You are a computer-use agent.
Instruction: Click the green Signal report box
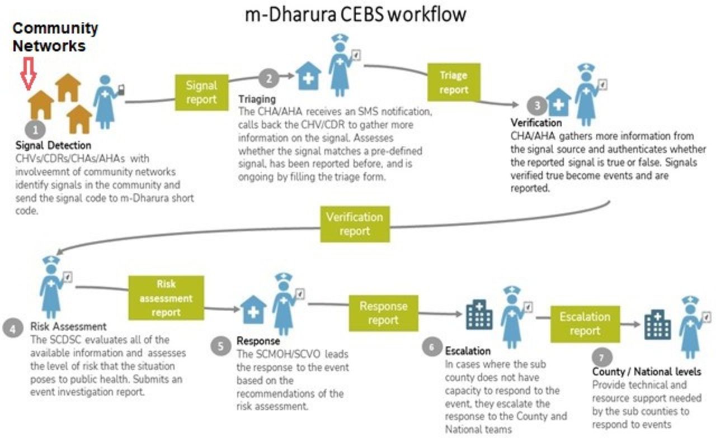tap(201, 92)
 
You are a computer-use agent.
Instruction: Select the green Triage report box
tap(453, 82)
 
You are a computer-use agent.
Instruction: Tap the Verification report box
tap(355, 223)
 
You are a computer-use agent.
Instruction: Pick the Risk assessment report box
tap(166, 298)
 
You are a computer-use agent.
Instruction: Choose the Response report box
tap(383, 313)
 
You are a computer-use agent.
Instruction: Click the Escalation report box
tap(585, 323)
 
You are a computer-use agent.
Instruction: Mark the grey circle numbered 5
tap(221, 346)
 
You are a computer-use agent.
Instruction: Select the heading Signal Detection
tap(53, 146)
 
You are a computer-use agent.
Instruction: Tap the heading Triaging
tap(257, 99)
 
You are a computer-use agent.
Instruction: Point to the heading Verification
tap(536, 122)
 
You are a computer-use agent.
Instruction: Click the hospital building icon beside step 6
tap(479, 316)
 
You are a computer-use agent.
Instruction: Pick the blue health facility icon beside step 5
tap(253, 310)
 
